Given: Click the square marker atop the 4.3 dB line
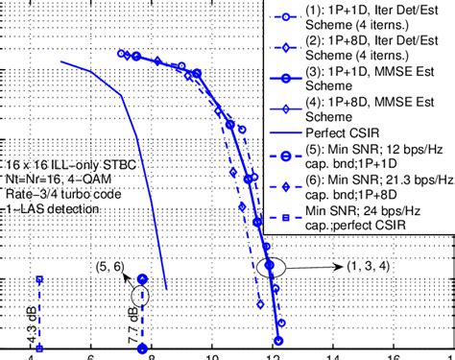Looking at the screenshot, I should coord(39,279).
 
